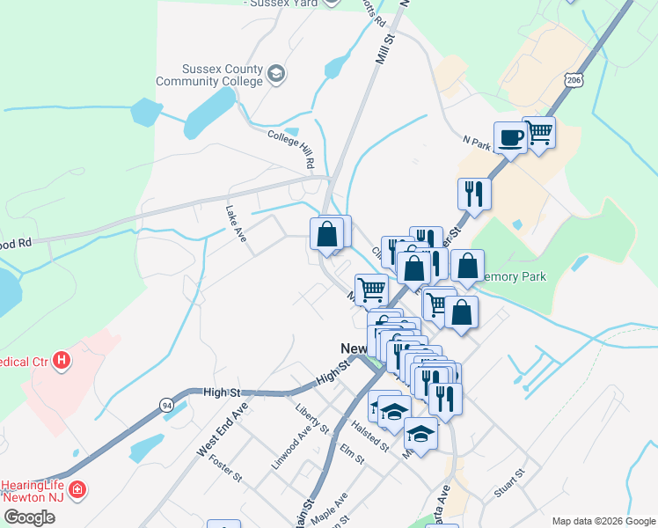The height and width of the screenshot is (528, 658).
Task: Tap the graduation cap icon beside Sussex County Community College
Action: [x=276, y=73]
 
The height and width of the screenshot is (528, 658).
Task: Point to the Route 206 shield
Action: [x=574, y=80]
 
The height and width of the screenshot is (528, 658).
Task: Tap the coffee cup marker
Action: [x=510, y=137]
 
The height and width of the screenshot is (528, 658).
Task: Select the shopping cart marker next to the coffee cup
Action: [x=538, y=133]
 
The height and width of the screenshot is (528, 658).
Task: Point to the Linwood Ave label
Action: [x=292, y=446]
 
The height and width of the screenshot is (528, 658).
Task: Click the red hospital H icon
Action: [x=61, y=360]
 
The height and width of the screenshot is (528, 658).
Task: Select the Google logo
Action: [x=29, y=517]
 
